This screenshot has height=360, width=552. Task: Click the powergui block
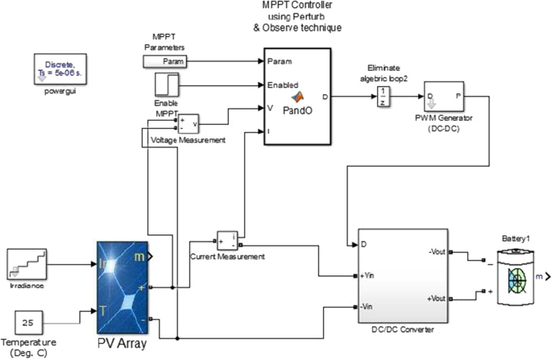(58, 68)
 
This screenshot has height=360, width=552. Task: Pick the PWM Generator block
(443, 97)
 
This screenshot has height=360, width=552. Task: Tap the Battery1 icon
(516, 275)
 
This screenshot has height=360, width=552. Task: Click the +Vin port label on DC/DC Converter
(371, 277)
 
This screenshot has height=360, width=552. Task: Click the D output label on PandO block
(324, 97)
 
